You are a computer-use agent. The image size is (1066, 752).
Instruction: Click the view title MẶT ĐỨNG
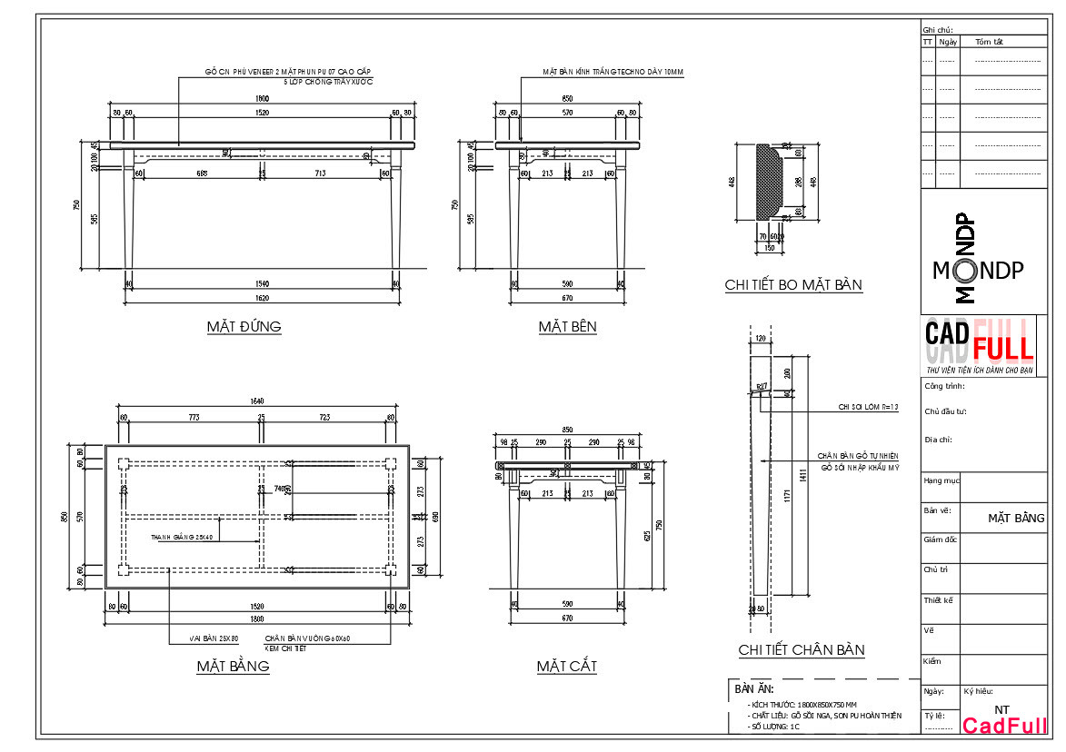[x=244, y=327]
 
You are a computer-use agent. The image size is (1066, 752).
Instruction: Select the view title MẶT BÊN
[x=567, y=327]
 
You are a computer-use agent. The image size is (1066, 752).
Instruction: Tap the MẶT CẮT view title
[x=566, y=668]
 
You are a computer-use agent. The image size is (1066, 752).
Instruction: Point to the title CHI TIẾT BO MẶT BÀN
[x=792, y=285]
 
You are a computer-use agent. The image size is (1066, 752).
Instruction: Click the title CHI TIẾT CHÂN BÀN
[x=801, y=650]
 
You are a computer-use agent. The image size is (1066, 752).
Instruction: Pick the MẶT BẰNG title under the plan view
[x=233, y=667]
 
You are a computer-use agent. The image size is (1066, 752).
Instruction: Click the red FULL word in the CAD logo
[x=1002, y=347]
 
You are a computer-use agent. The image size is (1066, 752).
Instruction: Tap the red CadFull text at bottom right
[x=1004, y=726]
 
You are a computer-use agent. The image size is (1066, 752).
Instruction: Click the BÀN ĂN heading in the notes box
[x=753, y=689]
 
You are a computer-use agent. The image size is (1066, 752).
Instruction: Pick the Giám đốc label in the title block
[x=940, y=539]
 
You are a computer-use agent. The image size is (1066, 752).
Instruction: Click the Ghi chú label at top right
[x=937, y=30]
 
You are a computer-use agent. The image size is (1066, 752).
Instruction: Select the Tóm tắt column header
[x=989, y=42]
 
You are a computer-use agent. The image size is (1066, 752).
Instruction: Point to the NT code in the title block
[x=1001, y=709]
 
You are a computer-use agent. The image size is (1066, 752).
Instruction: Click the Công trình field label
[x=944, y=387]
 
